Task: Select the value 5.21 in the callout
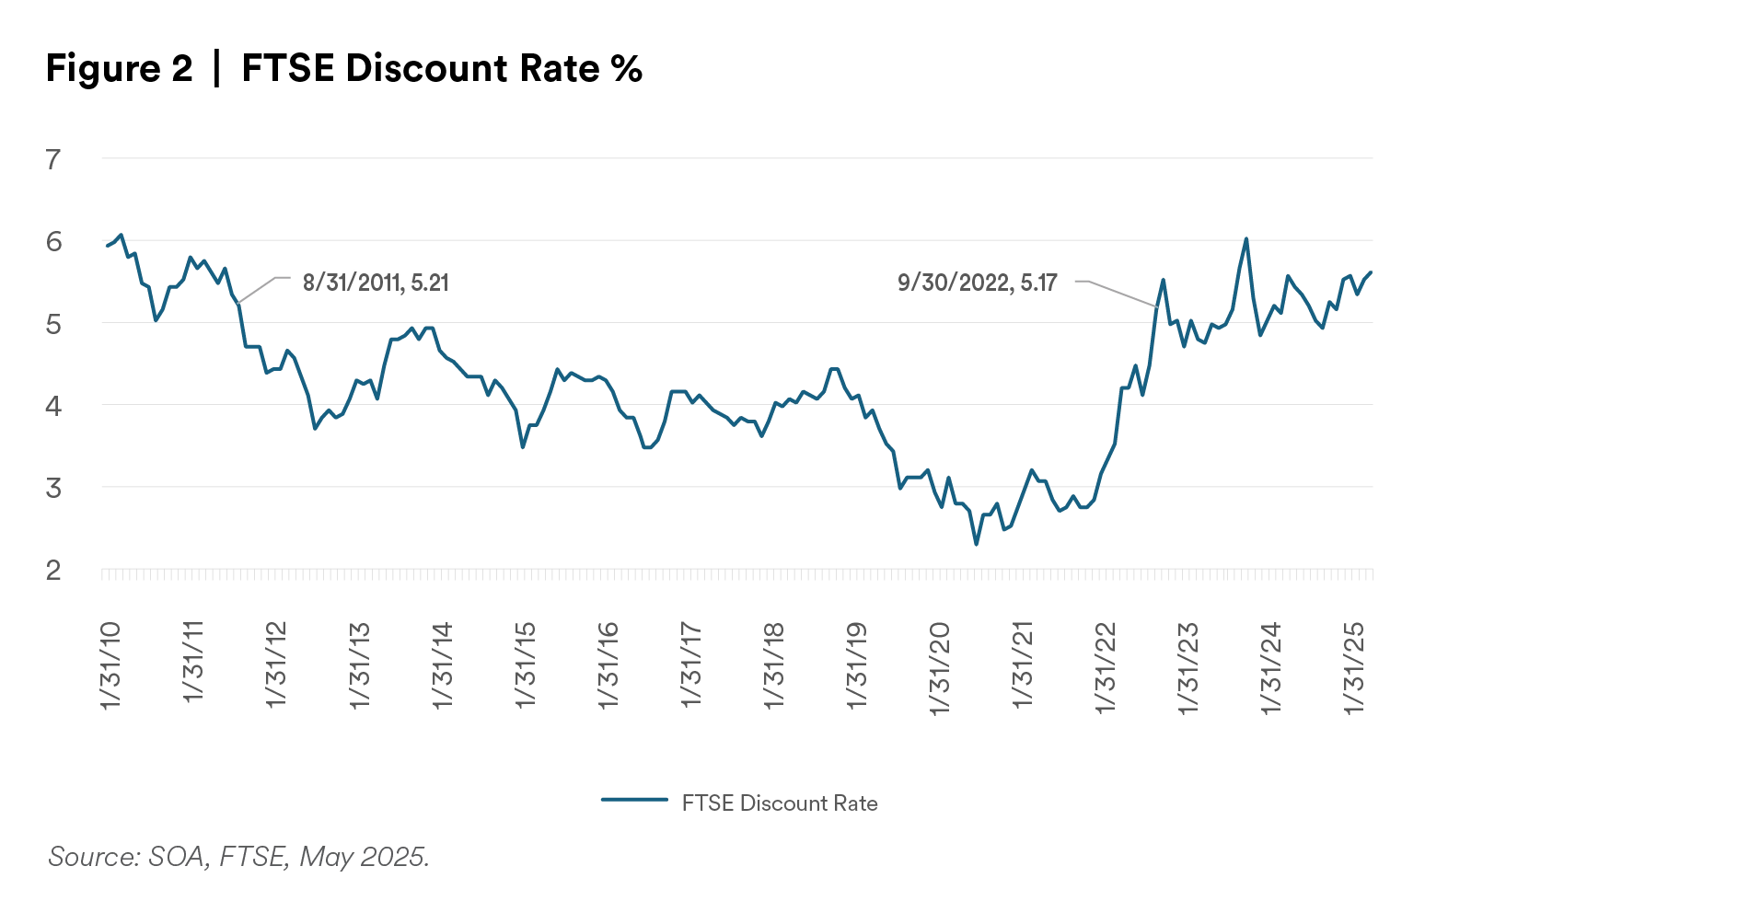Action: coord(429,283)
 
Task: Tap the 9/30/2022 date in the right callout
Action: coord(953,283)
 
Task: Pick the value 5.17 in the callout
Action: coord(1038,283)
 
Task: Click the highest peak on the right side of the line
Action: coord(1246,239)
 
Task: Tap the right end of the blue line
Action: coord(1373,270)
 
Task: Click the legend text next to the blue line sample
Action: coord(780,803)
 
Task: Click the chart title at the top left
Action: coord(345,69)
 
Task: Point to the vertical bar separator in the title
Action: coord(216,69)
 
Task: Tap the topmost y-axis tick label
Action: coord(55,158)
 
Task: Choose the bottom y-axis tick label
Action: coord(55,572)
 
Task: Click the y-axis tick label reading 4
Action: coord(55,405)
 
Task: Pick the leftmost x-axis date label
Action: coord(110,664)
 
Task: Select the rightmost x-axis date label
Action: coord(1358,670)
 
